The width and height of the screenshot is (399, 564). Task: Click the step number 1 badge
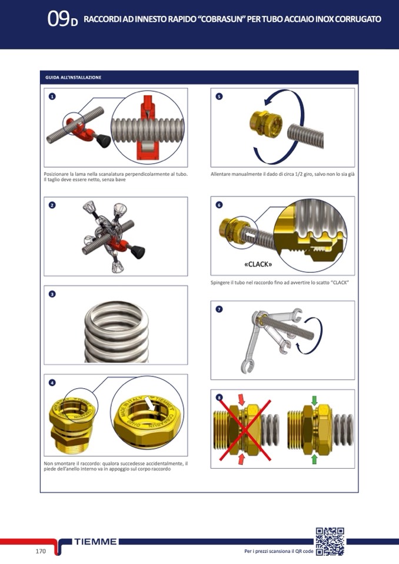click(52, 96)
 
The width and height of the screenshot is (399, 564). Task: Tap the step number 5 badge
click(219, 96)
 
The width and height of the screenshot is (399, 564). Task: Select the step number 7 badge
click(219, 309)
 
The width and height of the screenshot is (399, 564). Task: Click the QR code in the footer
click(330, 541)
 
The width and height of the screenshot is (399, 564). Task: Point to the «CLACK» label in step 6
click(258, 265)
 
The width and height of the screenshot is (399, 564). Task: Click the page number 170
click(41, 551)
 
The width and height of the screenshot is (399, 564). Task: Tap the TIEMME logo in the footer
click(95, 542)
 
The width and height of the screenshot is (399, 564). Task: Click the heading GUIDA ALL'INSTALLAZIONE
click(74, 77)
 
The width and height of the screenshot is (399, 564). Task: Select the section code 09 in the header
click(58, 19)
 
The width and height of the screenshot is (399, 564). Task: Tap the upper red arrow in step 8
click(241, 399)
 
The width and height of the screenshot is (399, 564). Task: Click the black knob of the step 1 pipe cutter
click(103, 141)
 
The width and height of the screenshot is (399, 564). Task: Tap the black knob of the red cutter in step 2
click(138, 252)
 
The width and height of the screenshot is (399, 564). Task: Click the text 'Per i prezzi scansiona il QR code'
click(278, 551)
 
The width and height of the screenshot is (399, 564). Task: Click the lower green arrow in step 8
click(314, 459)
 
